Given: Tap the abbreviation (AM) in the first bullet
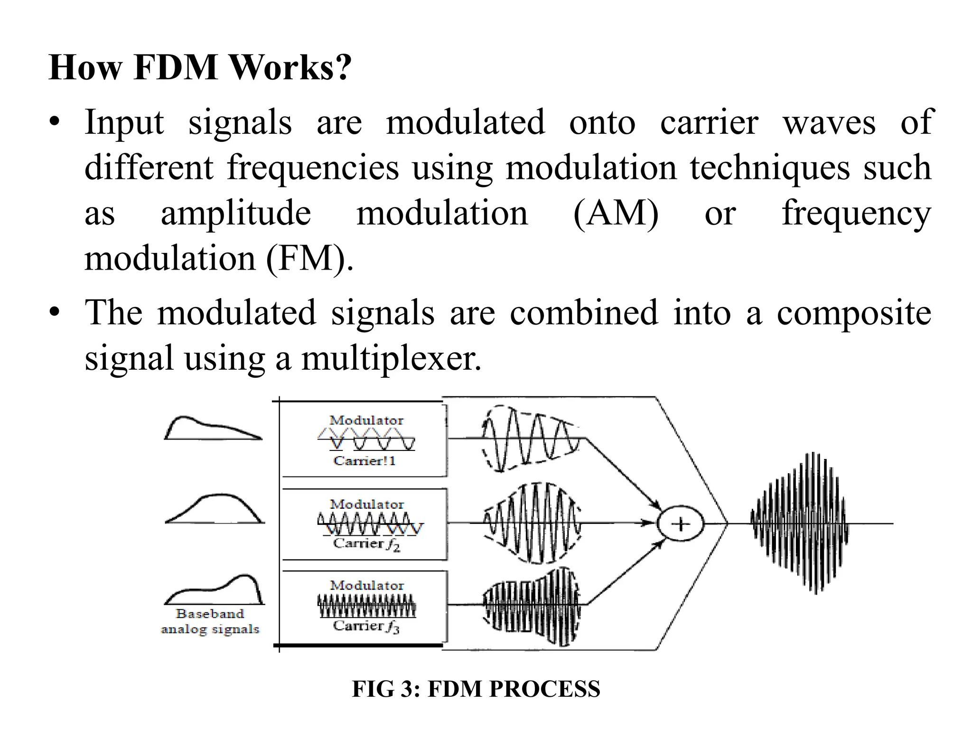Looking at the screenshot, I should [616, 213].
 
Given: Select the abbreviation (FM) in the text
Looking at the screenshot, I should [309, 259].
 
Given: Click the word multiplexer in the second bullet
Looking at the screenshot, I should [391, 358].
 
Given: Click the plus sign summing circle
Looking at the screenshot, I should [681, 524].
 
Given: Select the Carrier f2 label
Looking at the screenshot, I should [366, 544].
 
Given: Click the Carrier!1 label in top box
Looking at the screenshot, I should [364, 461].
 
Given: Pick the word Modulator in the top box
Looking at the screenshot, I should [366, 421].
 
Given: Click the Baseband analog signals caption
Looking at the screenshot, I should [210, 621].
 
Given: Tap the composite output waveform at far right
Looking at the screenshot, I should [800, 523].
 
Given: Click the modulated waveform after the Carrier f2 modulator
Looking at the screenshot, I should [532, 523].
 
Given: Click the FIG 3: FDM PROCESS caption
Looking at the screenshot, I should [476, 689].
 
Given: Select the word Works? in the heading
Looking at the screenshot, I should [291, 68].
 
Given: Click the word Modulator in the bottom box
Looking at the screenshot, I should [367, 585].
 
